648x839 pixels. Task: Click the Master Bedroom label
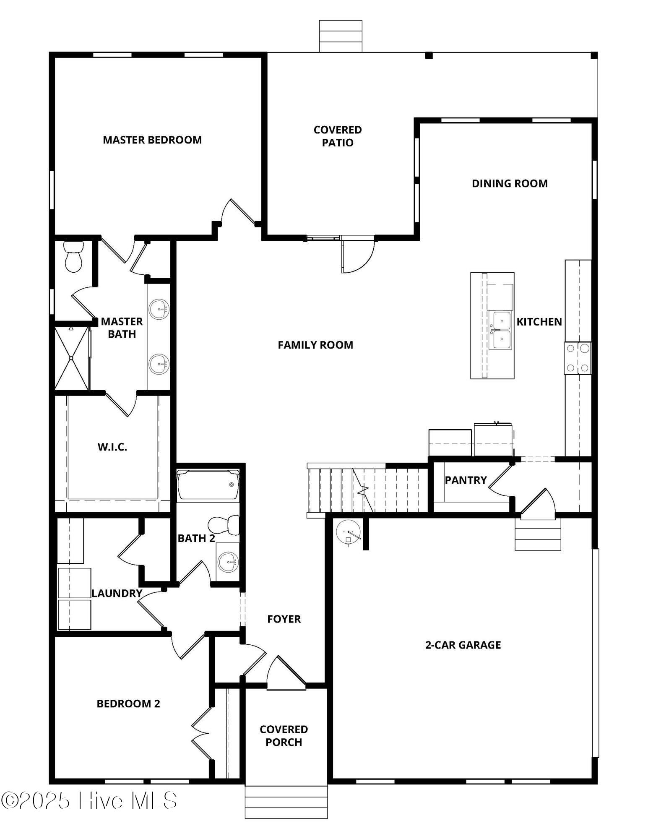point(152,140)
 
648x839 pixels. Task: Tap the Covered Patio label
point(338,136)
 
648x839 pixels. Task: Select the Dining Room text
point(510,183)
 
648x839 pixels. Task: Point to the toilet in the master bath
point(74,256)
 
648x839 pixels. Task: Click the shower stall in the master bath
point(72,358)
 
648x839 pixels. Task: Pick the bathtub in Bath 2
point(208,485)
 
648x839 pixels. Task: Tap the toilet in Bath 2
point(224,525)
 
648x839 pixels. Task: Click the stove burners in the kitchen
point(578,358)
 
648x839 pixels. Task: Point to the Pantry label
point(466,480)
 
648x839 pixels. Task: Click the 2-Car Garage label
point(463,645)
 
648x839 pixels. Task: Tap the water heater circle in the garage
point(348,532)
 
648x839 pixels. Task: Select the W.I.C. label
point(112,447)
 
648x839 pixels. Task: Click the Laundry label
point(117,593)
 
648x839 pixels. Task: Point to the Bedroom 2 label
point(128,704)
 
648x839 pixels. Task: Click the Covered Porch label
point(284,736)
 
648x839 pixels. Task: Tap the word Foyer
point(284,619)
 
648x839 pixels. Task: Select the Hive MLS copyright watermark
point(89,801)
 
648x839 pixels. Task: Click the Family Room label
point(315,345)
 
